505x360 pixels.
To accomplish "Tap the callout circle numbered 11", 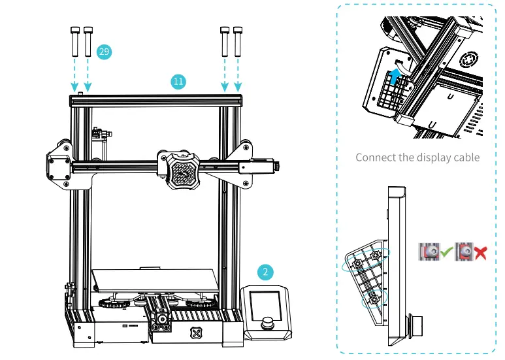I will (x=178, y=82).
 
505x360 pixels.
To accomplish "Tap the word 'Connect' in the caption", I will (x=375, y=157).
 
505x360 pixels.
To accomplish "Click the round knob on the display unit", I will (x=268, y=323).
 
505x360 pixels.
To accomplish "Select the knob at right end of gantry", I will (x=278, y=167).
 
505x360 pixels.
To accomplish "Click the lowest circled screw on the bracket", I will (x=373, y=300).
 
